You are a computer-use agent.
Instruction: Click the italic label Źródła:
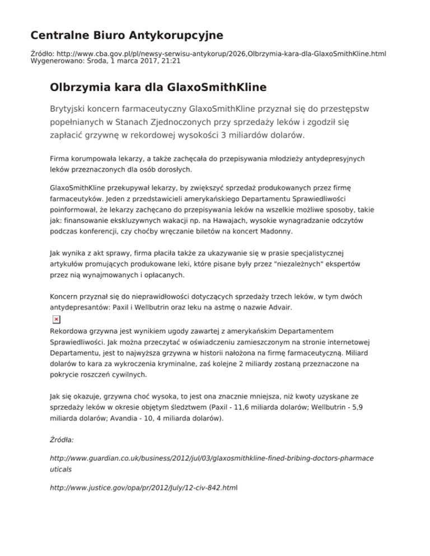click(62, 440)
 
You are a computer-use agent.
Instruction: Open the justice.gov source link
click(143, 488)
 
